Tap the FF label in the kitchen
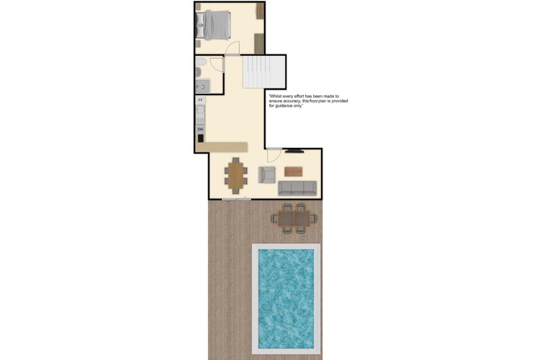(x=200, y=100)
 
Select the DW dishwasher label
(x=200, y=129)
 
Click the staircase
(x=264, y=72)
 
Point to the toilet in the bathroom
(x=201, y=62)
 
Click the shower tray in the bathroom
(x=202, y=85)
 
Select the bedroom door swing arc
(x=232, y=48)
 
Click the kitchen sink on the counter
(x=200, y=110)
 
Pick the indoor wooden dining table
(x=236, y=175)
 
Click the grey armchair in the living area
(x=267, y=175)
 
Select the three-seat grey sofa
(x=297, y=188)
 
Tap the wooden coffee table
(x=294, y=172)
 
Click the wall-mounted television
(x=294, y=150)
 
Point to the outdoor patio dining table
(x=294, y=218)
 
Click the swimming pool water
(x=286, y=299)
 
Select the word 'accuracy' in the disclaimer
(x=291, y=101)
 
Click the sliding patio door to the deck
(x=236, y=199)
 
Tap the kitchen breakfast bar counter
(x=222, y=147)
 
